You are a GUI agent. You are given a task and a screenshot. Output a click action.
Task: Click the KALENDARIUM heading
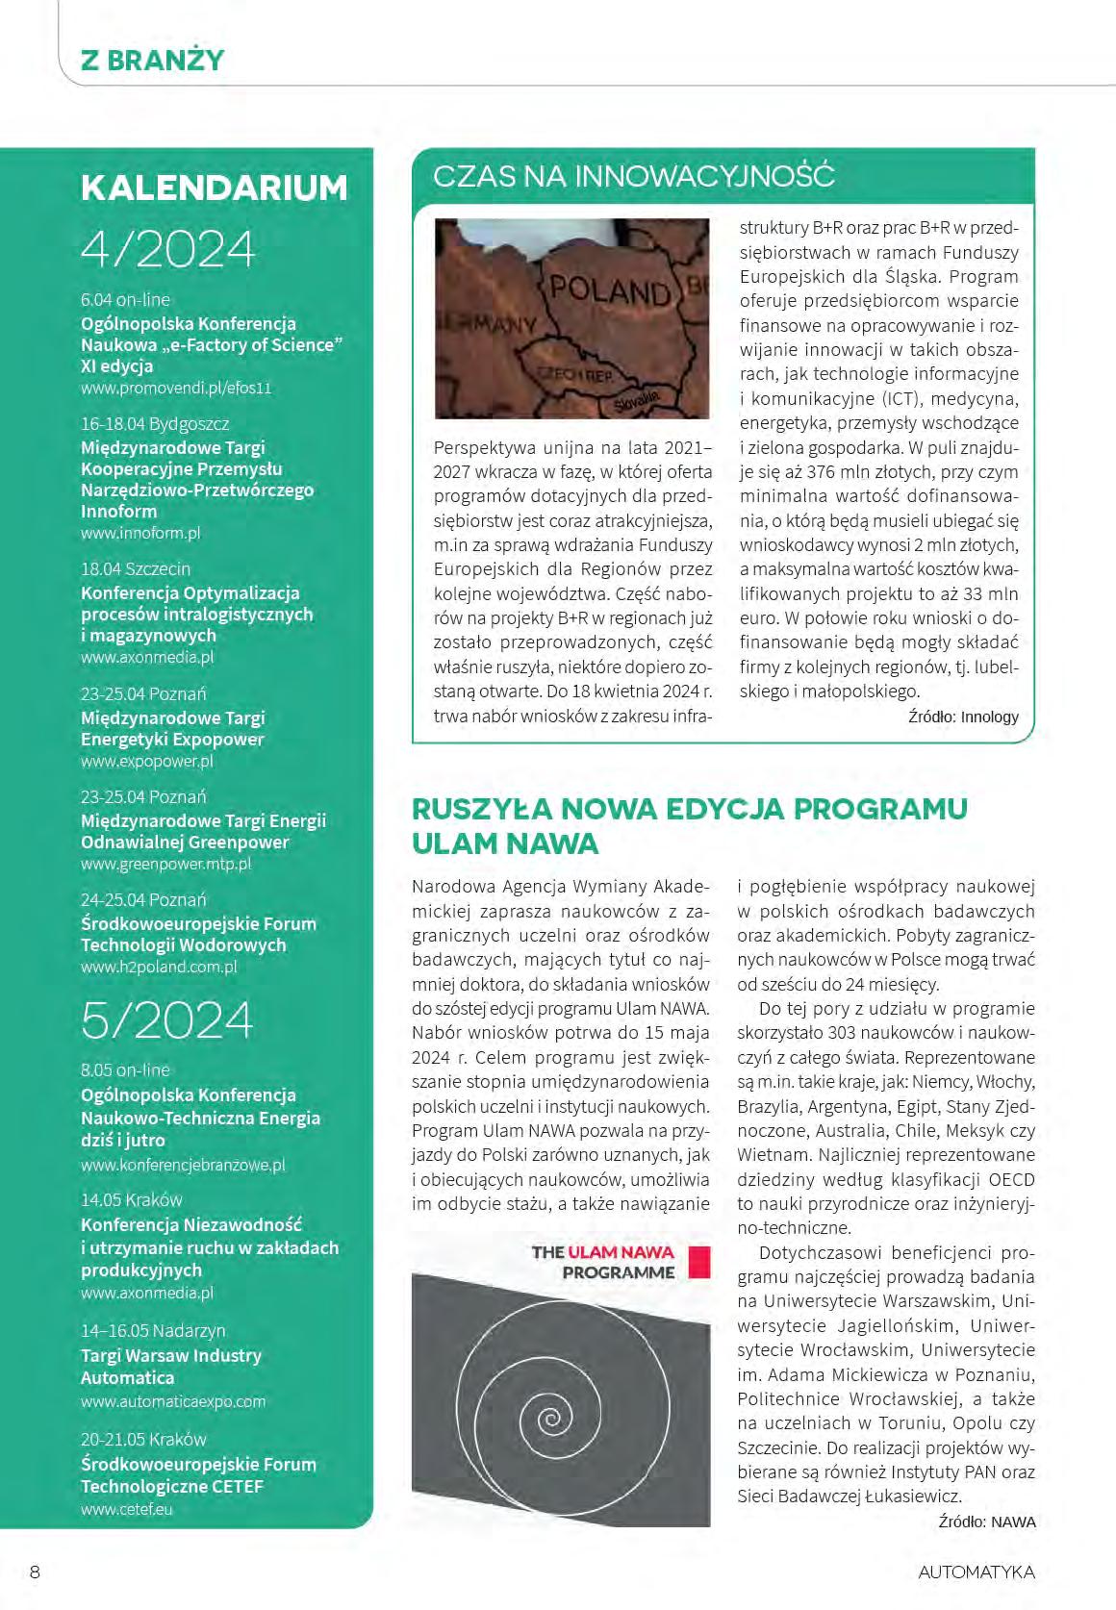pos(214,188)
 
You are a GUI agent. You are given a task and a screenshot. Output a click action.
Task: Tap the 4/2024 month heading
pos(168,249)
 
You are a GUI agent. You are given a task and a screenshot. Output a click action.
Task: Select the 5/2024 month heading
pos(167,1020)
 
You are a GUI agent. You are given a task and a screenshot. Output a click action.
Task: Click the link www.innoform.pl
pos(140,533)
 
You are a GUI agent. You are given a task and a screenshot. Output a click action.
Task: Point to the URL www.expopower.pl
pos(146,761)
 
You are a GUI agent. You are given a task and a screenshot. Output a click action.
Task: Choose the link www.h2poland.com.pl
pos(159,967)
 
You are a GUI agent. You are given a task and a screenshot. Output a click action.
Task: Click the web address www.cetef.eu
pos(127,1509)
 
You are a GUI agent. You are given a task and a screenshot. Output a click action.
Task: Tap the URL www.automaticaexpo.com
pos(173,1401)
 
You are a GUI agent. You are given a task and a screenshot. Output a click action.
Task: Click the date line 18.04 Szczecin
pos(136,569)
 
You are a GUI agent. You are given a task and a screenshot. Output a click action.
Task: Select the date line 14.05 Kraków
pos(132,1200)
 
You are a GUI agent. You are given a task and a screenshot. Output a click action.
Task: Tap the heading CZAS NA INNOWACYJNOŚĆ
pos(634,176)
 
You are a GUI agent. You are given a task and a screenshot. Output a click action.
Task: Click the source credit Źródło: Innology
pos(963,717)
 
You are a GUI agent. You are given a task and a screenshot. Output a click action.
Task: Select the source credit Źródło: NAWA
pos(986,1522)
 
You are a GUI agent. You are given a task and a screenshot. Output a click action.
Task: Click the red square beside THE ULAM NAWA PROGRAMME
pos(699,1262)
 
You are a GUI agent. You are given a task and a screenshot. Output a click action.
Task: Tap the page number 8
pos(36,1572)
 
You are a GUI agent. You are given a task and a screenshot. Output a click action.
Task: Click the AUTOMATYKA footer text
pos(976,1572)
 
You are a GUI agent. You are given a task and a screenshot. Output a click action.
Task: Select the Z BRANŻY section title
pos(152,61)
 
